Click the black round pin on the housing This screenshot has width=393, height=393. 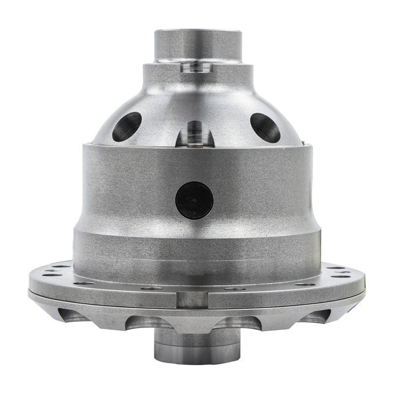point(195,200)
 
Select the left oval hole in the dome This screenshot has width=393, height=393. point(127,126)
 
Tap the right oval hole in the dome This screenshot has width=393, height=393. point(265,127)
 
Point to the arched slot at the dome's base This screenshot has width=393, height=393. point(195,134)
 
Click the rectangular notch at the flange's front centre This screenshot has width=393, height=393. point(192,299)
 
